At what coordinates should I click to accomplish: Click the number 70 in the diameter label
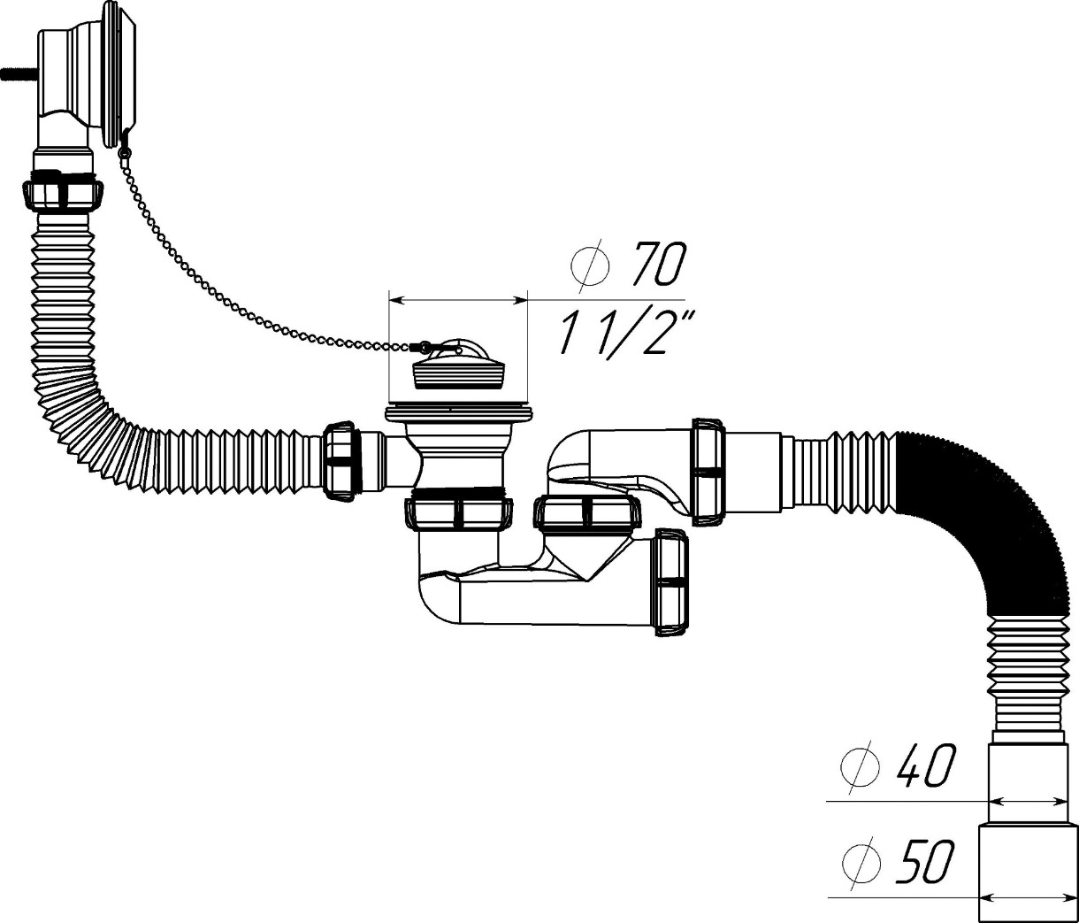coord(659,265)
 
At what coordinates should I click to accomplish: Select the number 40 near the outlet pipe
coord(925,767)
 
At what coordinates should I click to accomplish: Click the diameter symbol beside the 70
coord(590,265)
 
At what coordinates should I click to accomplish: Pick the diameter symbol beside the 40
coord(860,767)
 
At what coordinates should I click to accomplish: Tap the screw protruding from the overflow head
coord(19,73)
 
